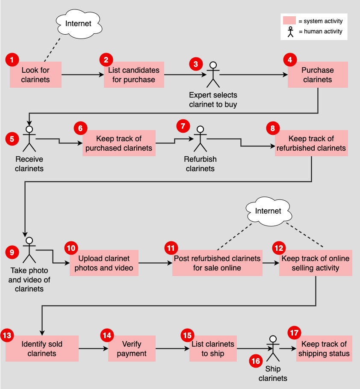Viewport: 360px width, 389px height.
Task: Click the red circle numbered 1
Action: click(12, 59)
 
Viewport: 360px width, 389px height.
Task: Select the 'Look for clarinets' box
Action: click(36, 75)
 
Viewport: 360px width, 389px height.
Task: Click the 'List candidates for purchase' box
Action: click(134, 75)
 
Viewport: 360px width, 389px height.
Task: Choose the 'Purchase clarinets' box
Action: click(318, 75)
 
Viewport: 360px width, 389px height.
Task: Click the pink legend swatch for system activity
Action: click(289, 21)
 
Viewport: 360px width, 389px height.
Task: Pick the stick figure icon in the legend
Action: click(291, 32)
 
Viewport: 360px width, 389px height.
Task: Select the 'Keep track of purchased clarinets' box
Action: click(119, 143)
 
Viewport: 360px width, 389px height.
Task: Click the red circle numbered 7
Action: click(183, 127)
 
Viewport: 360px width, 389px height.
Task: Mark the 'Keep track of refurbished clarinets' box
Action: click(311, 143)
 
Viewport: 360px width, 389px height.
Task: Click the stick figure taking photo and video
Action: click(29, 250)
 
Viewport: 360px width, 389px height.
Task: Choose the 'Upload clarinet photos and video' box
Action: click(104, 263)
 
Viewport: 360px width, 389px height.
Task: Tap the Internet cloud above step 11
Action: click(268, 211)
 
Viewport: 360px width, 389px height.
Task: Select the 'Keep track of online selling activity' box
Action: click(316, 263)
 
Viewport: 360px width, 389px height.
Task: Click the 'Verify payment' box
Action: click(132, 349)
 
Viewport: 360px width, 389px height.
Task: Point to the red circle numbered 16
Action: click(256, 361)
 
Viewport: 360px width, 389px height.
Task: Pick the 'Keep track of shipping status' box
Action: click(324, 349)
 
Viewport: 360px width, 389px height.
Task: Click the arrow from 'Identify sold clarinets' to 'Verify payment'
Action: click(93, 349)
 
